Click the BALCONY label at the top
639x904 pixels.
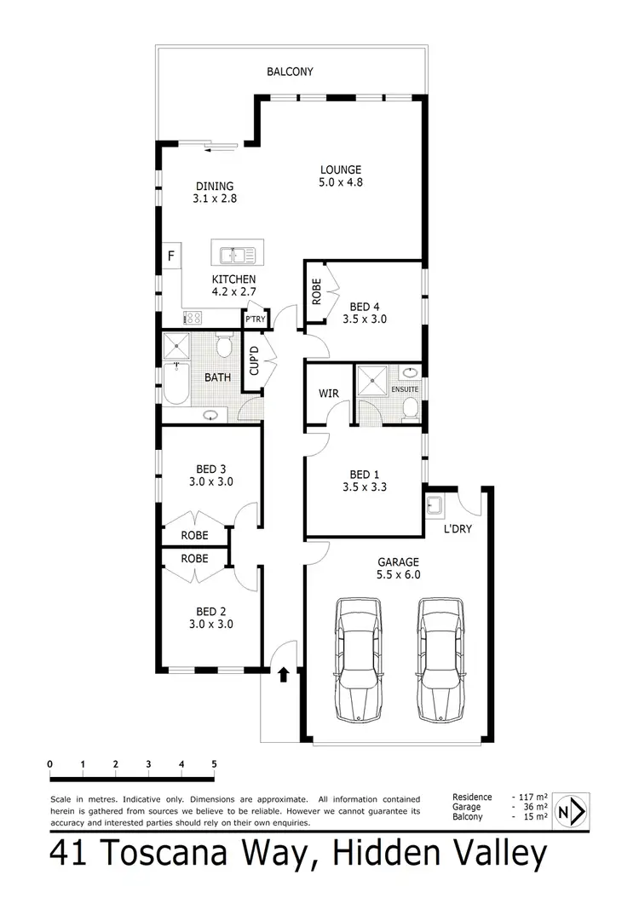(x=290, y=72)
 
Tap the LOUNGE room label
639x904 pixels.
(x=341, y=170)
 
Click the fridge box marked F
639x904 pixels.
(x=171, y=256)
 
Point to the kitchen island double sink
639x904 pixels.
(x=233, y=255)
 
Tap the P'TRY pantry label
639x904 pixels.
(x=254, y=320)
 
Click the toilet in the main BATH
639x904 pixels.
(x=224, y=346)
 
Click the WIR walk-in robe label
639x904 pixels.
(x=330, y=394)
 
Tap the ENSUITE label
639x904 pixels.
(x=405, y=389)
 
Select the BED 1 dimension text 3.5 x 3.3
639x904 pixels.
(x=360, y=488)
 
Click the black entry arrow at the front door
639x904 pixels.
(x=283, y=676)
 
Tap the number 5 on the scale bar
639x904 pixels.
(x=214, y=763)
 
